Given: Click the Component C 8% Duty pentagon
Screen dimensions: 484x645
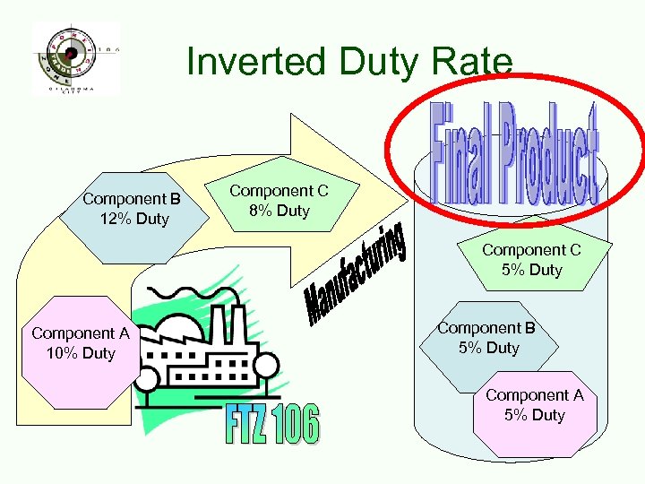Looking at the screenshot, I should coord(279,202).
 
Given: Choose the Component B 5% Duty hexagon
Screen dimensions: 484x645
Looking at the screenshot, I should coord(489,339).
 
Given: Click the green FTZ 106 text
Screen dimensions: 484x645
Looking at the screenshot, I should coord(271,425).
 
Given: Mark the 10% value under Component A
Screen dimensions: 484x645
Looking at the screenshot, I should coord(63,353).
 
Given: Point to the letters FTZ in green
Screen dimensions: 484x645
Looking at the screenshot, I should coord(245,425).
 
